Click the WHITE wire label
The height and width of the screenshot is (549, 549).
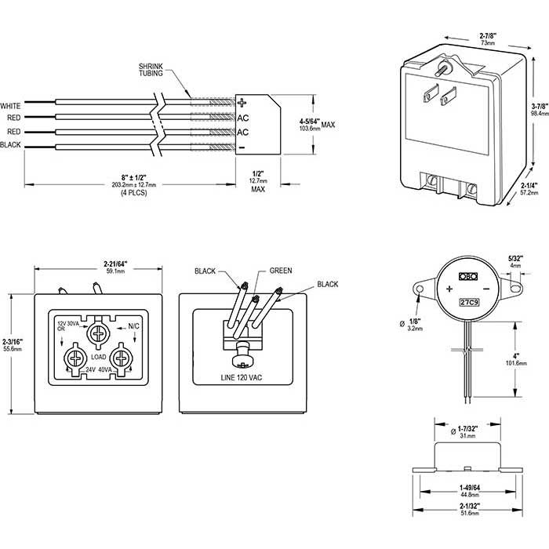coord(11,105)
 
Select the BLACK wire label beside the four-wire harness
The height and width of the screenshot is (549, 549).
coord(11,146)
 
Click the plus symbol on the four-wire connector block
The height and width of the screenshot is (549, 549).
coord(242,103)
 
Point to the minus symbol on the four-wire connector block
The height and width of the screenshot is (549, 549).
coord(242,147)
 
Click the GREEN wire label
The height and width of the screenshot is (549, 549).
coord(280,271)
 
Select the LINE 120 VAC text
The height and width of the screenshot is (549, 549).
coord(242,378)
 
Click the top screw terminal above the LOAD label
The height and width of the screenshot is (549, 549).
coord(99,332)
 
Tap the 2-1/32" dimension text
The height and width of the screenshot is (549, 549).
coord(470,507)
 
